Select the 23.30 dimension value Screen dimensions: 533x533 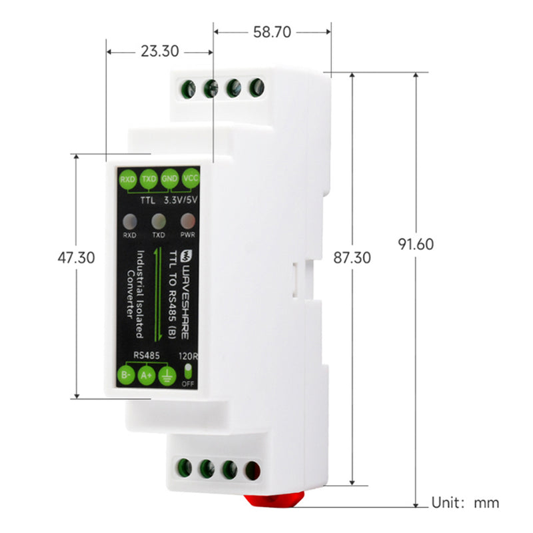(160, 51)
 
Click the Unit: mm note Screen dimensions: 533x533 (465, 503)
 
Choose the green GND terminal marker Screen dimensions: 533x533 (169, 179)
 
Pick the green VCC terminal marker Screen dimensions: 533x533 (191, 178)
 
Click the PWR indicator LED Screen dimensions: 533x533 (189, 220)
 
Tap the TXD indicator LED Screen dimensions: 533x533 (159, 221)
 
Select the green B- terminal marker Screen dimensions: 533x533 (125, 375)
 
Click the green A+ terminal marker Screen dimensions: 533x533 (147, 376)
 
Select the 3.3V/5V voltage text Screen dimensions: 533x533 (180, 199)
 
